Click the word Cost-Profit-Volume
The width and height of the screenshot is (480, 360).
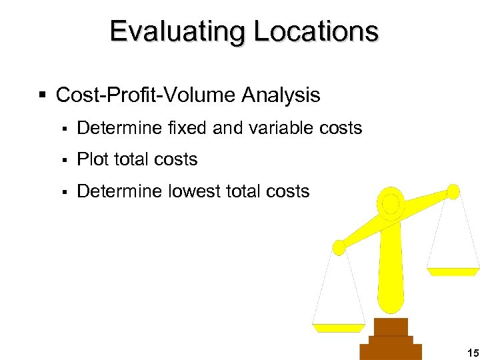point(146,95)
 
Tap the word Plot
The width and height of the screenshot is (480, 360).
point(93,159)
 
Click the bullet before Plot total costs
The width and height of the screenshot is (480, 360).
point(65,160)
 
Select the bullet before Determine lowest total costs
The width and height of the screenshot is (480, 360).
point(65,192)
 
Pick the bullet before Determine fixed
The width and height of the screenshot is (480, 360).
point(65,128)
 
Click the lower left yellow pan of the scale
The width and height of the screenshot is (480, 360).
point(339,327)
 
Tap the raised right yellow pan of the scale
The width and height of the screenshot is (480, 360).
point(453,271)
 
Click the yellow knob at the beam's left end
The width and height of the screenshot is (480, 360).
point(339,248)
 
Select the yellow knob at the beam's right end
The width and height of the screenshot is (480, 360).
point(453,192)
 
